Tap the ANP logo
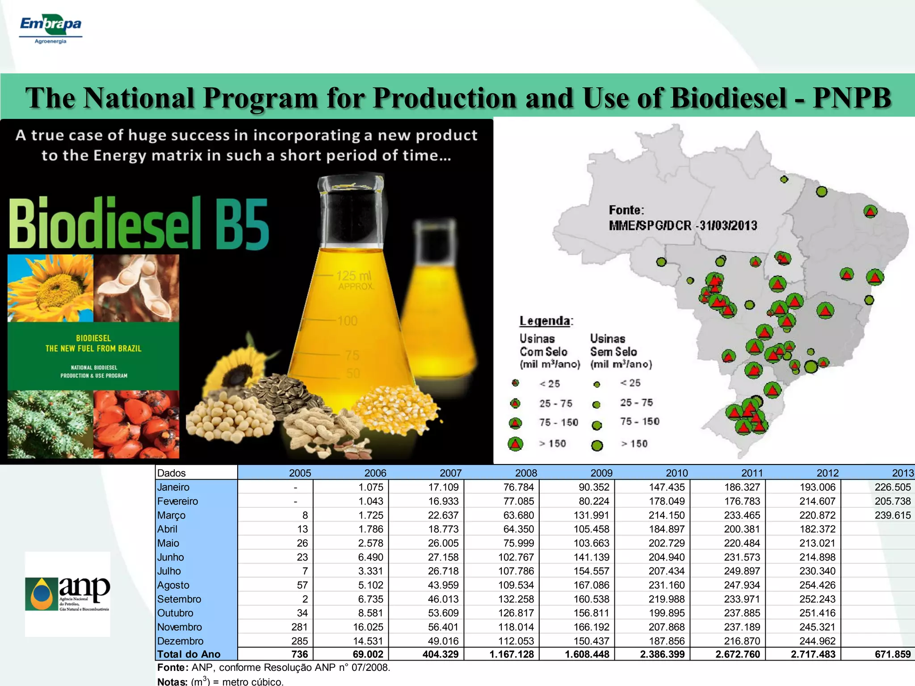[67, 594]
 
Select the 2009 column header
[601, 473]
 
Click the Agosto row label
[173, 585]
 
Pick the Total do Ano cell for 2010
[662, 654]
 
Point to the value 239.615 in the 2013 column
[892, 515]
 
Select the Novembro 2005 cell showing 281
[299, 627]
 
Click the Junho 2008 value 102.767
[516, 557]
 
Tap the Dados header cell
[172, 473]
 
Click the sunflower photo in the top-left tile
[50, 288]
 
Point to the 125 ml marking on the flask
[353, 276]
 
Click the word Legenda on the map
[546, 321]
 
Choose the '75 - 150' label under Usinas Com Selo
[558, 422]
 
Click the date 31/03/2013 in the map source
[728, 226]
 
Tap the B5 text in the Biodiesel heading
[242, 223]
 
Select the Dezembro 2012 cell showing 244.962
[817, 641]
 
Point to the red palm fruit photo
[136, 424]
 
